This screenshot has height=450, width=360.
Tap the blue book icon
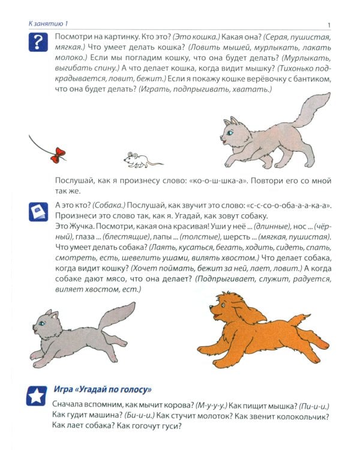point(38,212)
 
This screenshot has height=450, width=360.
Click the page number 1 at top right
point(330,23)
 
